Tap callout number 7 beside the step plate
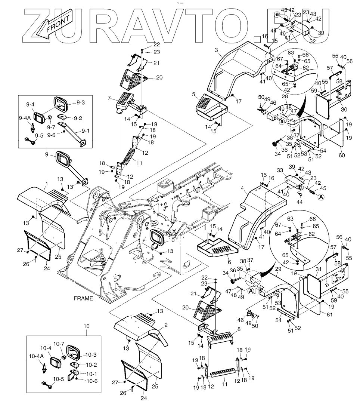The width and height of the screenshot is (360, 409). [109, 98]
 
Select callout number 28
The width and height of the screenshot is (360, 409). [285, 97]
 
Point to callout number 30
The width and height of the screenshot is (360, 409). [344, 110]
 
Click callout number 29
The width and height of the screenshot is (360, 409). [278, 269]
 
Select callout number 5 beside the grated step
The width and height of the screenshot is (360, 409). [194, 94]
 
